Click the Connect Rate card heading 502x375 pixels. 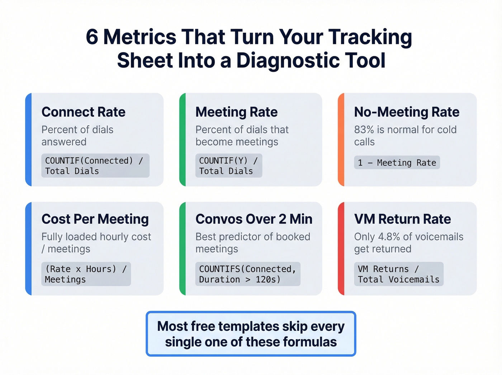point(84,112)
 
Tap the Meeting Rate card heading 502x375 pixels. point(237,112)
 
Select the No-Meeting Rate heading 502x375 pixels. point(407,112)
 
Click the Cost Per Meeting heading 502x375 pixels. point(95,219)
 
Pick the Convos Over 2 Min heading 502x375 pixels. point(254,219)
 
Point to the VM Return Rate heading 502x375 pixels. point(402,219)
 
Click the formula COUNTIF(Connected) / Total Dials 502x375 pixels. point(95,166)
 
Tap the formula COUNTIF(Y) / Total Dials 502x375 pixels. point(228,166)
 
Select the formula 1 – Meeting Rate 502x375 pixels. point(397,163)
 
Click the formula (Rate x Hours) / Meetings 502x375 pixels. point(86,274)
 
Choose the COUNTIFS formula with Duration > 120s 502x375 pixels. point(247,274)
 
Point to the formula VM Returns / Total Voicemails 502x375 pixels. point(398,274)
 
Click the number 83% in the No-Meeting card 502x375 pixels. point(364,130)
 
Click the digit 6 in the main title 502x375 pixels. point(92,37)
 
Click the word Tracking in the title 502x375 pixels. point(370,37)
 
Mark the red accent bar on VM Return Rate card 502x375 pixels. point(341,248)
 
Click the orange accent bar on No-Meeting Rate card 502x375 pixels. point(341,140)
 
